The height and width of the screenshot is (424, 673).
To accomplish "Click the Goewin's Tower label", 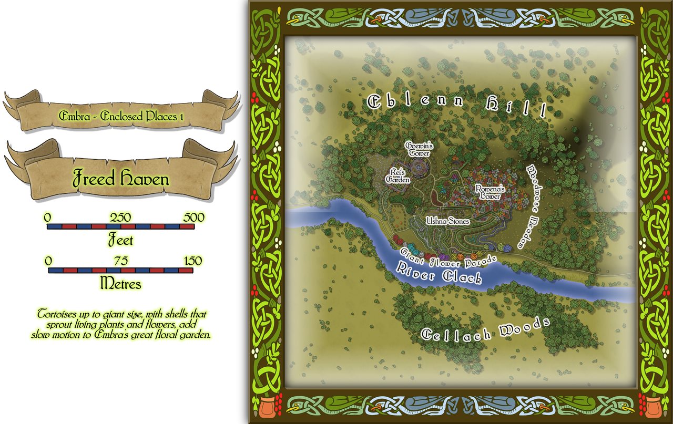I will pyautogui.click(x=417, y=149).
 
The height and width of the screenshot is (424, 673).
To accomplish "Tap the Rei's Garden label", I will pyautogui.click(x=397, y=175).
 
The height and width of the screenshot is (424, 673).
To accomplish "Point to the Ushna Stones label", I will pyautogui.click(x=447, y=222).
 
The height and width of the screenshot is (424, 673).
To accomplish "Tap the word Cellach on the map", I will pyautogui.click(x=456, y=334).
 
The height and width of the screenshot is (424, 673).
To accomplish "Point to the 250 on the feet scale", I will pyautogui.click(x=120, y=218).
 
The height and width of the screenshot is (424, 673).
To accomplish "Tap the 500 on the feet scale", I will pyautogui.click(x=193, y=218).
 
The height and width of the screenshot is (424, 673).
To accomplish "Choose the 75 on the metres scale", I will pyautogui.click(x=120, y=261).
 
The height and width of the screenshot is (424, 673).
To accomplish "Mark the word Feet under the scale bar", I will pyautogui.click(x=120, y=241).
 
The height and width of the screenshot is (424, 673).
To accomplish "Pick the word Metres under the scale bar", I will pyautogui.click(x=120, y=284).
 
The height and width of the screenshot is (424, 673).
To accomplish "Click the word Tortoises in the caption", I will pyautogui.click(x=58, y=314).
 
